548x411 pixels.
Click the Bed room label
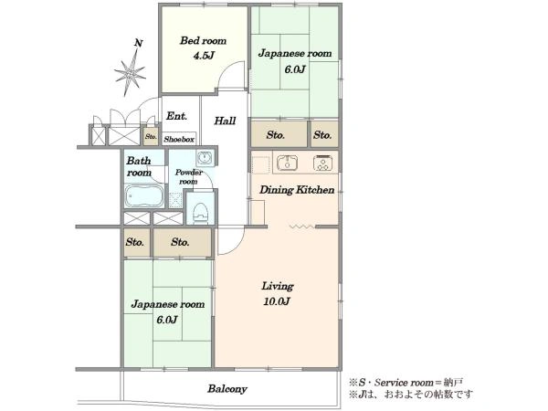tap(203, 41)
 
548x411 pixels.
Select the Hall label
tap(225, 121)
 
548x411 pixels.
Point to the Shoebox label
tap(179, 140)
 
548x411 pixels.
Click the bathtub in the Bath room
tap(144, 195)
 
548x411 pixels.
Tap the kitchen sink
tap(288, 163)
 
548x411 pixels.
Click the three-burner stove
tap(323, 163)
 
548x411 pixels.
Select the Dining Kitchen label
tap(297, 190)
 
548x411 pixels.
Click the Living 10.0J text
tap(278, 293)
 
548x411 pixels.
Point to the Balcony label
tap(227, 389)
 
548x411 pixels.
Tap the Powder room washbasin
tap(204, 158)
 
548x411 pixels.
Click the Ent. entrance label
tap(176, 116)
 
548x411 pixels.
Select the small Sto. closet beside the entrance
tap(152, 137)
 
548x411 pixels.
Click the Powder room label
tap(189, 177)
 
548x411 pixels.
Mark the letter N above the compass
tap(139, 43)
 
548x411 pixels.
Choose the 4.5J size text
tap(204, 56)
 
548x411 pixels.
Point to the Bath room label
tap(139, 167)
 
